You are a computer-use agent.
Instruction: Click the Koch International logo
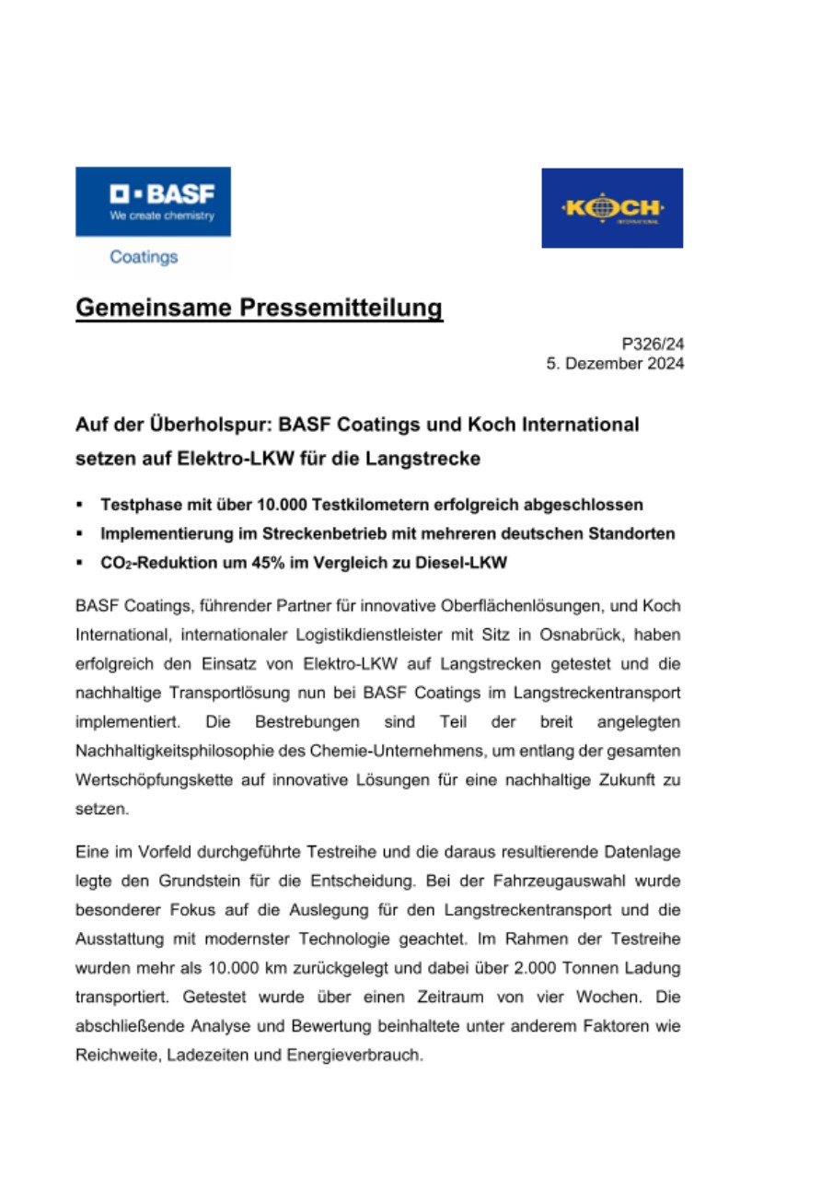click(x=612, y=207)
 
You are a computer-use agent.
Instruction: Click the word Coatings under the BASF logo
click(x=144, y=257)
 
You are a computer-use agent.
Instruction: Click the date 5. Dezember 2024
click(x=616, y=364)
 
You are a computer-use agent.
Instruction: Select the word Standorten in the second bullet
click(x=631, y=533)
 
